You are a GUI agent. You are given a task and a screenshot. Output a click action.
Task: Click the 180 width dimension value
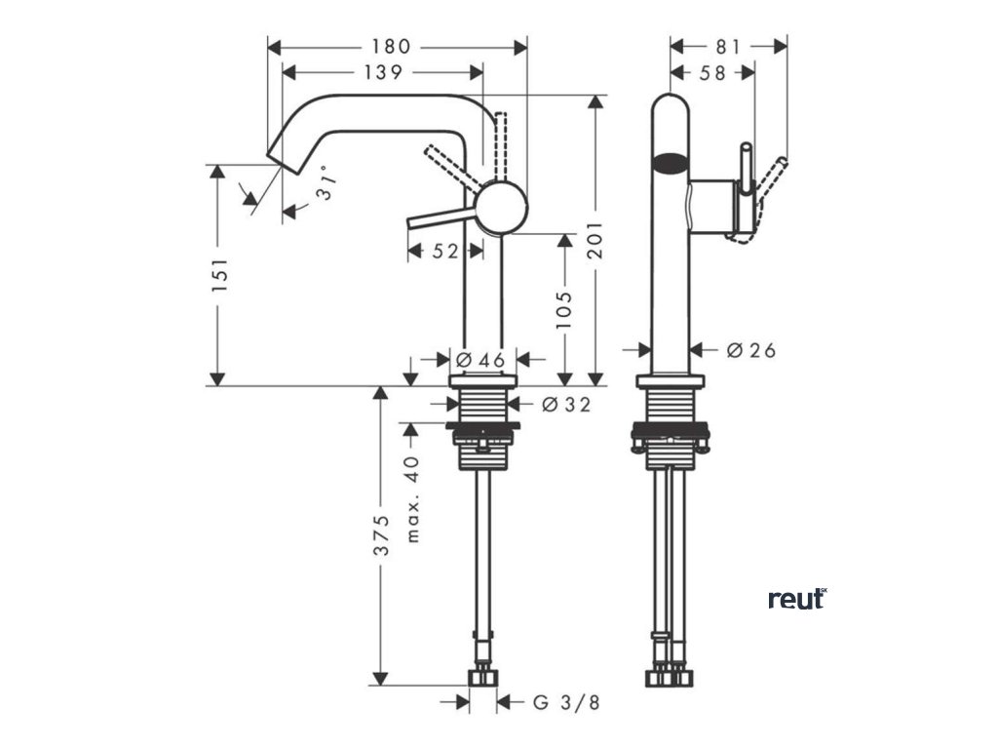pyautogui.click(x=397, y=46)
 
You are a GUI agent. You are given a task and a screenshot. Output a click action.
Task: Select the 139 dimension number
pyautogui.click(x=382, y=72)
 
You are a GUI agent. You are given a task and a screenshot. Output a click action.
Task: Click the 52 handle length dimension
pyautogui.click(x=444, y=252)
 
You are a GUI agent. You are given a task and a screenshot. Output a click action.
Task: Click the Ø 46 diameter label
pyautogui.click(x=480, y=360)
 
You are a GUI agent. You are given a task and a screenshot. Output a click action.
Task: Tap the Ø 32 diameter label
pyautogui.click(x=566, y=404)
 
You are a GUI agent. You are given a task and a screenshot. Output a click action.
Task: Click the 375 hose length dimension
pyautogui.click(x=384, y=535)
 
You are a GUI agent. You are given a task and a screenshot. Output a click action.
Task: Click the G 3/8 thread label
pyautogui.click(x=566, y=701)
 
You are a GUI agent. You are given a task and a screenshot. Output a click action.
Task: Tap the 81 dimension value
pyautogui.click(x=728, y=46)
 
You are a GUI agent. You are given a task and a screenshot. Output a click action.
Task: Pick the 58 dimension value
pyautogui.click(x=712, y=72)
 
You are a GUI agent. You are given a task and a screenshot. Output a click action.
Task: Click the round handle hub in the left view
pyautogui.click(x=501, y=207)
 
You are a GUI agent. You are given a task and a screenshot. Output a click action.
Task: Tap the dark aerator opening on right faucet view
pyautogui.click(x=669, y=162)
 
